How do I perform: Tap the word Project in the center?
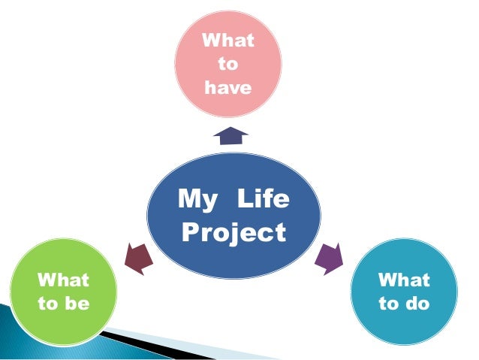(233, 232)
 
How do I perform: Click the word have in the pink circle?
(227, 89)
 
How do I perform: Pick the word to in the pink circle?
(227, 64)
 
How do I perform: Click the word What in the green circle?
(63, 280)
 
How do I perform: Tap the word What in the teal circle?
(404, 280)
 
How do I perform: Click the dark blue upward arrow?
(230, 136)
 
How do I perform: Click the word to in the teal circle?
(389, 304)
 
